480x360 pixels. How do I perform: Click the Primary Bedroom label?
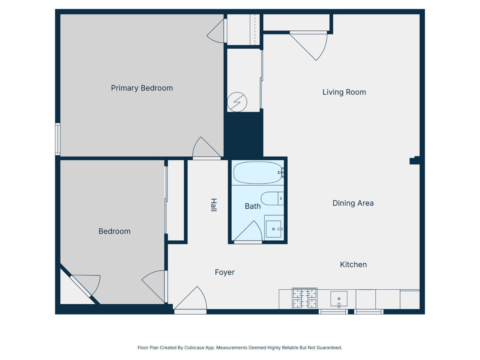click(x=142, y=88)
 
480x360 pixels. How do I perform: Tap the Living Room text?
click(x=344, y=92)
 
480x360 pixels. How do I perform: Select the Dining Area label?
click(x=353, y=203)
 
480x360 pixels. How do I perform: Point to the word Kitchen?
click(x=353, y=265)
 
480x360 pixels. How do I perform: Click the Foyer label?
click(x=225, y=272)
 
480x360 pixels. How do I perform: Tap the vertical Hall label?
click(x=214, y=205)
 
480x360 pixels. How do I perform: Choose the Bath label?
click(x=252, y=206)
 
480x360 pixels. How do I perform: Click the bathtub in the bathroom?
click(x=258, y=173)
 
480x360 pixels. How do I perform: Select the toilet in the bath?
click(x=272, y=198)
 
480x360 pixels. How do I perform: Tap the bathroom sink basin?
click(x=273, y=229)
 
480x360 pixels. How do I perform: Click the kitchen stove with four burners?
click(x=305, y=298)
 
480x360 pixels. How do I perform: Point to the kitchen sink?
click(x=339, y=299)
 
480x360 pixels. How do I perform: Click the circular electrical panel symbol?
click(x=237, y=102)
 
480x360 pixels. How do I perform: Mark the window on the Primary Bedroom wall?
click(x=58, y=139)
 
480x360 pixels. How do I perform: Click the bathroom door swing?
click(x=248, y=232)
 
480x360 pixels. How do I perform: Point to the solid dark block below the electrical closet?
click(x=244, y=134)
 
